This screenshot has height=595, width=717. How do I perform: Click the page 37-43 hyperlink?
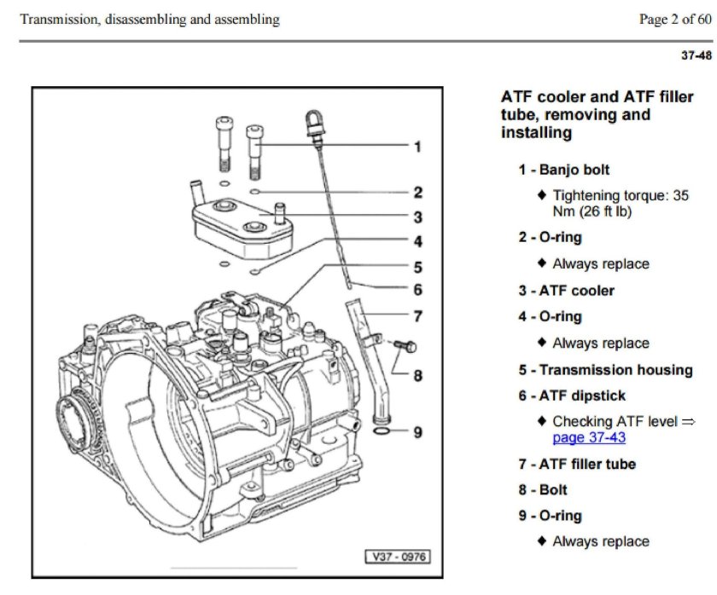pos(589,438)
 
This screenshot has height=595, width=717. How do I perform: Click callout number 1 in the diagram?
pos(417,147)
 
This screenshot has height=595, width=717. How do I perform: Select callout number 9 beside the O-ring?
pos(417,432)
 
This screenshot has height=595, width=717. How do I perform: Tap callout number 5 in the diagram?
pos(417,267)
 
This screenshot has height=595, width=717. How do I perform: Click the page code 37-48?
pos(696,56)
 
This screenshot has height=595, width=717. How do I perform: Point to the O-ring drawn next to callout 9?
pos(386,434)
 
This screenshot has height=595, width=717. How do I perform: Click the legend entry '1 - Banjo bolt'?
pos(563,170)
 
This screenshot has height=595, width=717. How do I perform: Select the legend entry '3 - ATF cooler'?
pos(566,291)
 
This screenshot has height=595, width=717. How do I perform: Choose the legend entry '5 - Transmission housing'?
pos(605,370)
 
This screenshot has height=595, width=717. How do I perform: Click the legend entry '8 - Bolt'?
pos(542,490)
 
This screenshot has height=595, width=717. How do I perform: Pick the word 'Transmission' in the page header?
pos(56,20)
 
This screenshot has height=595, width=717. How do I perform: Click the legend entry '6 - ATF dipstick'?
pos(571,396)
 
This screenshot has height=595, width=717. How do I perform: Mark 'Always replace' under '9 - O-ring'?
pos(600,541)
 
